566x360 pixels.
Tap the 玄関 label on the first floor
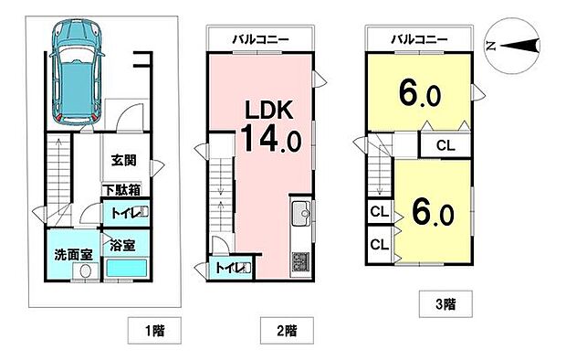[x=124, y=161]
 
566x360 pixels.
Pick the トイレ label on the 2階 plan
[x=228, y=269]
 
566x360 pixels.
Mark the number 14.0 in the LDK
[x=268, y=141]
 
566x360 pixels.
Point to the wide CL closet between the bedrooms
[x=445, y=145]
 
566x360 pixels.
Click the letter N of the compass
[x=491, y=45]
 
